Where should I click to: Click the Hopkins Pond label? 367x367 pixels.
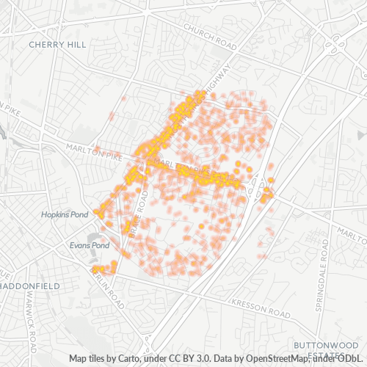tap(65, 214)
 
